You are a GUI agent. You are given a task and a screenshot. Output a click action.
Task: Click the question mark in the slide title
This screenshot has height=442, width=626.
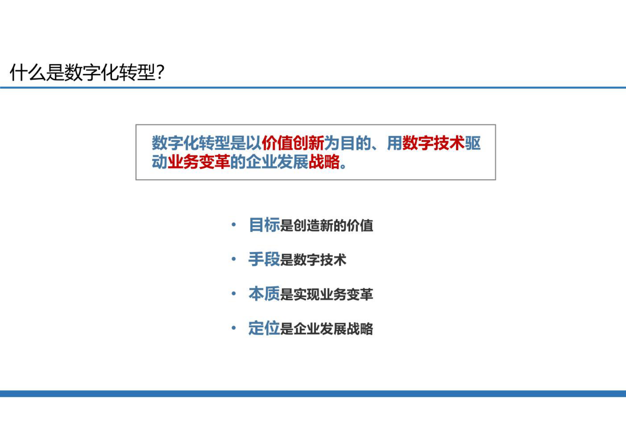[x=160, y=72]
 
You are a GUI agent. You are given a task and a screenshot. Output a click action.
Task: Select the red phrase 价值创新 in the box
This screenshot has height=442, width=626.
[x=293, y=143]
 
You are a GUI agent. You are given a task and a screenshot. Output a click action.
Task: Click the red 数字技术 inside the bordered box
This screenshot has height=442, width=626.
[x=433, y=143]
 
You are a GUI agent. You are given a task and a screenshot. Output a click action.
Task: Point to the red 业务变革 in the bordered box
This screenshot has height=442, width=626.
[x=198, y=162]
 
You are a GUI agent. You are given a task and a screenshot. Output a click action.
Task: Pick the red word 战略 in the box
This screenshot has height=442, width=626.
[x=324, y=162]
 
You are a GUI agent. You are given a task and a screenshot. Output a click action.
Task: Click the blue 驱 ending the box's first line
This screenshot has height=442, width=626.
[x=473, y=143]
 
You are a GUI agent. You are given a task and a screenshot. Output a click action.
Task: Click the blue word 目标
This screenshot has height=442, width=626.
[x=264, y=225]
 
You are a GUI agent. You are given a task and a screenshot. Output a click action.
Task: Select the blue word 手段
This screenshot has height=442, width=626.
[x=264, y=260]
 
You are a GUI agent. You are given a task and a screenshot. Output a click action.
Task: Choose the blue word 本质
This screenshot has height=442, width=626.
[x=264, y=294]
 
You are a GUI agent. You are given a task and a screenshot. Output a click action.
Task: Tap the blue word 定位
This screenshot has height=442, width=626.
[x=264, y=328]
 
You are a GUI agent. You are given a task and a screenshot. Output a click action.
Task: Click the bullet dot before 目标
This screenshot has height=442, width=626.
[x=234, y=225]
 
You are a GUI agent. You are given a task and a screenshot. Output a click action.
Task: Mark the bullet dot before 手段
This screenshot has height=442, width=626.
[x=234, y=259]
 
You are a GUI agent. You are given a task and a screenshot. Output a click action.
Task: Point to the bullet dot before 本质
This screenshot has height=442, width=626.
[x=234, y=293]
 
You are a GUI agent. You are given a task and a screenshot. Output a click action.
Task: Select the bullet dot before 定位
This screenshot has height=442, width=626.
[x=234, y=328]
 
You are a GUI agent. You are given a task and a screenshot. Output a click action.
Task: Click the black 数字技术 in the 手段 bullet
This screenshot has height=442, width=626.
[x=320, y=260]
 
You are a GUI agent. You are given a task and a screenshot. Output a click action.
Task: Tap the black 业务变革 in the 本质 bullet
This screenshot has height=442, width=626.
[x=346, y=295]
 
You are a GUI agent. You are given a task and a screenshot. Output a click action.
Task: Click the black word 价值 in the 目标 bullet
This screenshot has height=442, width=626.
[x=360, y=226]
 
